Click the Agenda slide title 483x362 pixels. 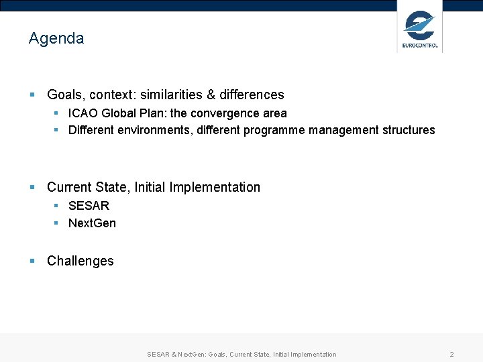coord(56,38)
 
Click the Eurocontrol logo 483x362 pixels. coord(420,29)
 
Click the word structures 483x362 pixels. coord(409,130)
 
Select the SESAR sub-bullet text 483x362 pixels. coord(89,206)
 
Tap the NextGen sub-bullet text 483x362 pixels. coord(92,223)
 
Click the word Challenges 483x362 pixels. coord(80,261)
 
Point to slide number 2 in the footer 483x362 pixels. coord(451,354)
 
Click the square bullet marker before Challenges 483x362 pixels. coord(32,261)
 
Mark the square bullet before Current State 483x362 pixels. coord(32,188)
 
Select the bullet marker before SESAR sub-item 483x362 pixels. coord(57,206)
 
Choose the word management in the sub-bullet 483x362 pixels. coord(343,130)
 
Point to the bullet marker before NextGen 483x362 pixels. coord(57,223)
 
